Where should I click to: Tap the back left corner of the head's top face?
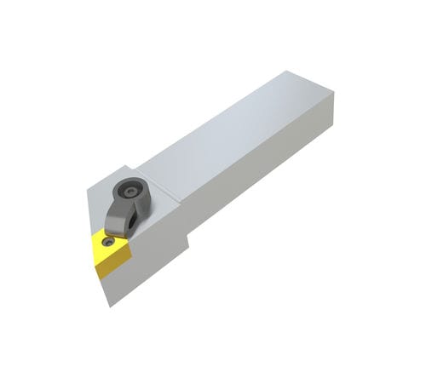(x=128, y=166)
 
